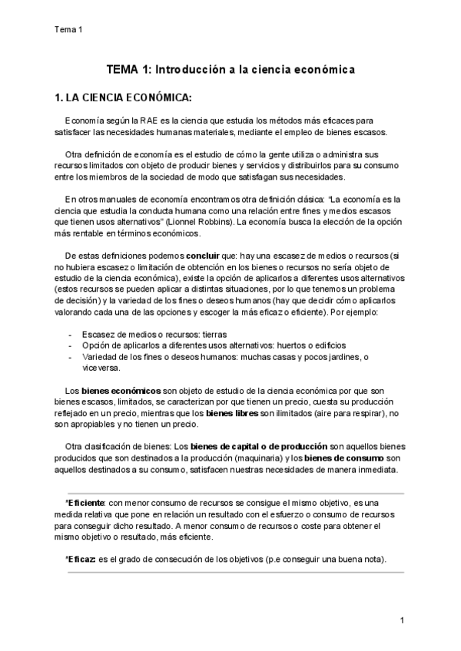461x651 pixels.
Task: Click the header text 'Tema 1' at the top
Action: coord(68,30)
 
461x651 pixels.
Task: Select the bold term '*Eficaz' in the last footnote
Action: coord(81,560)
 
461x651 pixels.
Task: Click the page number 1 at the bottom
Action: coord(403,620)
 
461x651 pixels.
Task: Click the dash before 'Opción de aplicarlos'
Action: coord(71,346)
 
